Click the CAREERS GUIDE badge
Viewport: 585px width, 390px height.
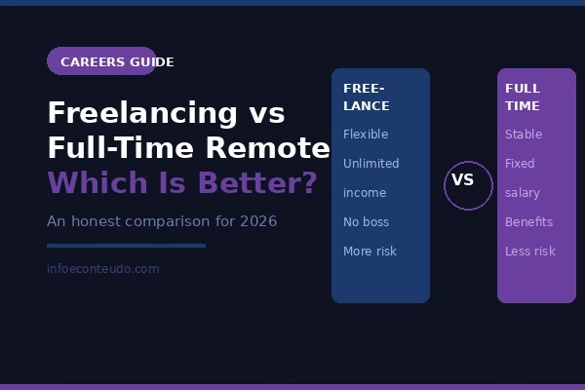[101, 61]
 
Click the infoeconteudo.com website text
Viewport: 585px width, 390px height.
[102, 268]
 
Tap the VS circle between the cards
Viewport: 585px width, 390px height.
[468, 185]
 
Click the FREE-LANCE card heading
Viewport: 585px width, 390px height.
[367, 97]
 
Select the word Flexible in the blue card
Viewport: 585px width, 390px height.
[366, 135]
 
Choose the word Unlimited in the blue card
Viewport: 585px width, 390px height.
[370, 164]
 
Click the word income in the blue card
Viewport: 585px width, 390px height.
[365, 193]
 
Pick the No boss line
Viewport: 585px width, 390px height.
[366, 222]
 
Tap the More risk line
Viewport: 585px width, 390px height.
[370, 252]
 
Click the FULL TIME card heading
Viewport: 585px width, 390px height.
[523, 97]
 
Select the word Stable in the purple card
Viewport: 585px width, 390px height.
[524, 135]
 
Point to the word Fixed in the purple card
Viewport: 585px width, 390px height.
[520, 164]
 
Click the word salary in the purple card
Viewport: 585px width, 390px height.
[523, 193]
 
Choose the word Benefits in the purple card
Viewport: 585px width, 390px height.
[528, 222]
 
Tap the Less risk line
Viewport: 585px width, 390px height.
[529, 252]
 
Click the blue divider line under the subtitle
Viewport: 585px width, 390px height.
[126, 246]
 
